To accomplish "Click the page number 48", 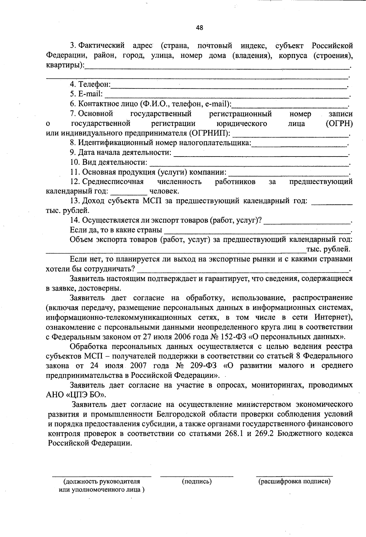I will click(x=199, y=28).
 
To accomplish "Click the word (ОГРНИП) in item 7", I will click(x=210, y=134).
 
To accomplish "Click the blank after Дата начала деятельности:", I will click(x=261, y=155).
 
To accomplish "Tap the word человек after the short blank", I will click(x=164, y=192).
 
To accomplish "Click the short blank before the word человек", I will click(x=128, y=194).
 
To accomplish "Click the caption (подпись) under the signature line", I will click(x=197, y=482).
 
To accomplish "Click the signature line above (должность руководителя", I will click(x=102, y=476).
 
